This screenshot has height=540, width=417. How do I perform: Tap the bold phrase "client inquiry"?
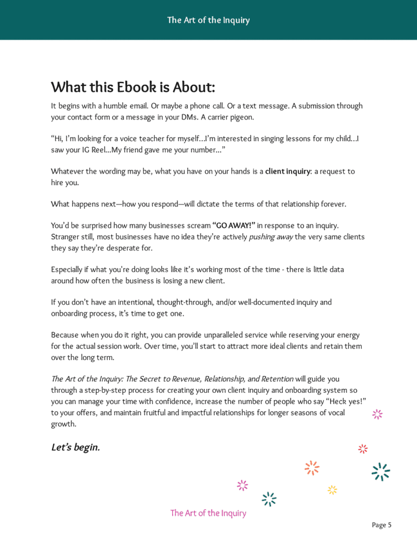[x=288, y=172]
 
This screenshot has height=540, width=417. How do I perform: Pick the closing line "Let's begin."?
[x=75, y=448]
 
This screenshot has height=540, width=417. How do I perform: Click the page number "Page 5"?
[x=382, y=525]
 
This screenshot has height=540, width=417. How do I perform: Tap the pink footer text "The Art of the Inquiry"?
[x=208, y=513]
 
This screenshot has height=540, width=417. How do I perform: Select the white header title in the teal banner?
[x=208, y=20]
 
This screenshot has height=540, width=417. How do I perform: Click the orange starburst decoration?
[x=312, y=467]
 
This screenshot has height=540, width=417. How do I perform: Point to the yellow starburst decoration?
[x=332, y=489]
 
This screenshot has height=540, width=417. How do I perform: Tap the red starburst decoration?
[x=363, y=448]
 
